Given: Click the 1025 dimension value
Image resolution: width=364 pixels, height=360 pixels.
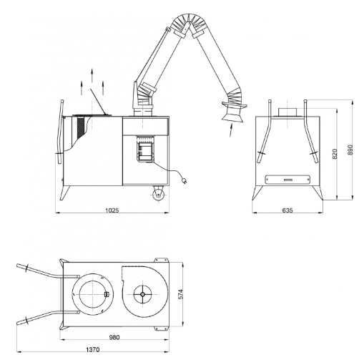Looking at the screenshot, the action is [112, 210].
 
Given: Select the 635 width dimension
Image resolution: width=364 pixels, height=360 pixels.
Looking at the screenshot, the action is [287, 210].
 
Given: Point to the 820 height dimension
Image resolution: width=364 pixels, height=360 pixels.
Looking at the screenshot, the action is [335, 154].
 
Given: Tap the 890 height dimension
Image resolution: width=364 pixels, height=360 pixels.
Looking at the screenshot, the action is [350, 150].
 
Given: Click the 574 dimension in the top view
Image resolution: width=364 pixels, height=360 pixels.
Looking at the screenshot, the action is [180, 294].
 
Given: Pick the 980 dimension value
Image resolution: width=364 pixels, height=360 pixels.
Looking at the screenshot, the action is [114, 337].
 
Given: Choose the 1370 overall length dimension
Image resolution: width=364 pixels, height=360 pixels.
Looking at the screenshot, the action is [92, 349].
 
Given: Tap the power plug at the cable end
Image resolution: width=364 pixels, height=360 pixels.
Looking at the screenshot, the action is [184, 181].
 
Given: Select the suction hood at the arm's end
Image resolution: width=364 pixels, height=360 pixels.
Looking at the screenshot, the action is [234, 112].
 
